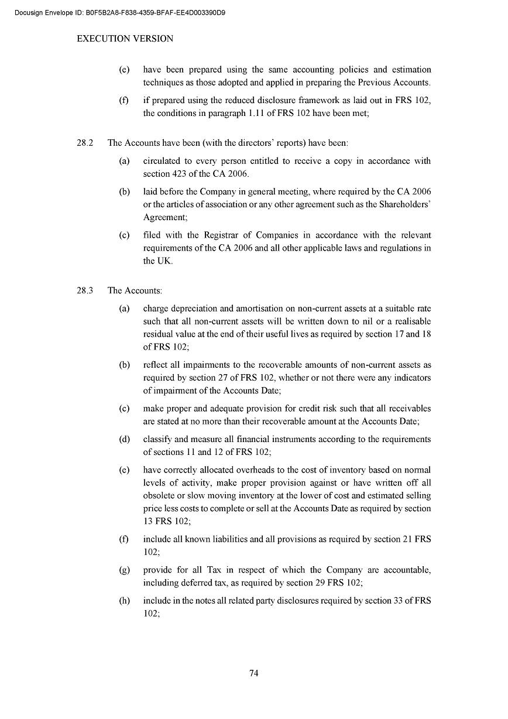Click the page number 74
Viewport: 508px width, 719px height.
tap(254, 673)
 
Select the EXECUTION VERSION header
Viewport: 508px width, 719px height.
tap(125, 39)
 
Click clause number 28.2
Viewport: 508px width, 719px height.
tap(85, 143)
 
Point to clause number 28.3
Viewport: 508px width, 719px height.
tap(85, 290)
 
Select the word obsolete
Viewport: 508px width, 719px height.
tap(159, 495)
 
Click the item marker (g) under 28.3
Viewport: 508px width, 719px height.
tap(124, 570)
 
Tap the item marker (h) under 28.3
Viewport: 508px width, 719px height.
tap(124, 601)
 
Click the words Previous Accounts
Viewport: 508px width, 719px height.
tap(394, 83)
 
